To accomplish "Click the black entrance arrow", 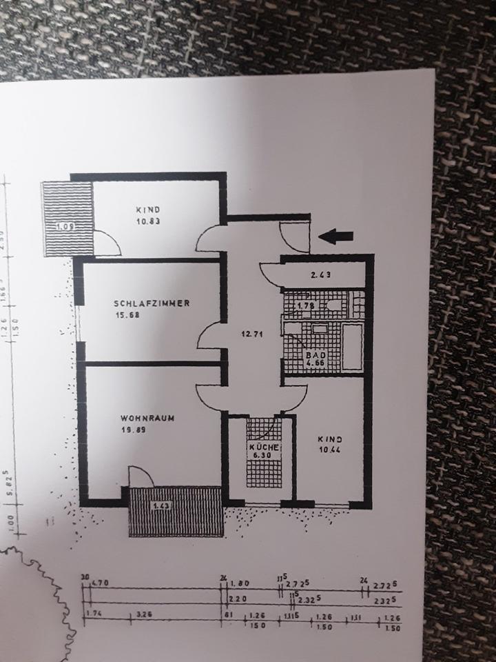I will [x=338, y=237].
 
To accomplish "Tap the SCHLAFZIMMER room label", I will [x=152, y=303].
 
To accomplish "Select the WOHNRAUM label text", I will [x=145, y=418].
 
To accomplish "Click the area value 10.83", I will [x=148, y=222].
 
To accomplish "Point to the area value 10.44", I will [x=329, y=450].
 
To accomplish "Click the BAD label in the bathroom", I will [x=315, y=355].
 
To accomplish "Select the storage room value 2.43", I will [x=322, y=275].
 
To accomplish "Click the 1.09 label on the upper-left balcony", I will [x=66, y=225].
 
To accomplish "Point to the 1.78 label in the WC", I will [x=305, y=305].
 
